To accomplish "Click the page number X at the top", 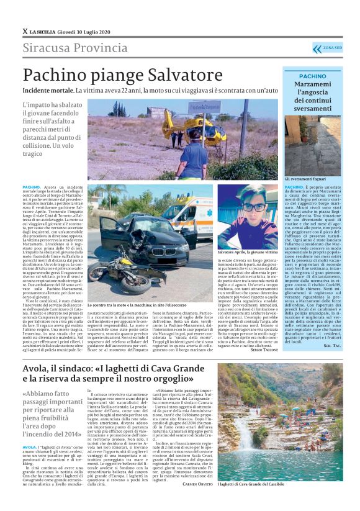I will pos(24,31).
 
